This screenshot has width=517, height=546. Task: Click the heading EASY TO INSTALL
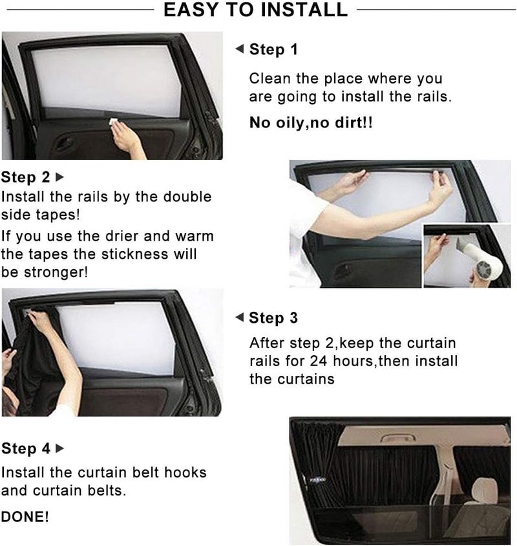point(255,10)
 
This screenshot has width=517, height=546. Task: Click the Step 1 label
point(273,49)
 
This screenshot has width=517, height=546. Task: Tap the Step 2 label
point(25,177)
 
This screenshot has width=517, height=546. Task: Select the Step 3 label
point(273,318)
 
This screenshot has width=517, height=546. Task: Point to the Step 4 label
point(26,448)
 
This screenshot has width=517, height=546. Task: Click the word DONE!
point(25,517)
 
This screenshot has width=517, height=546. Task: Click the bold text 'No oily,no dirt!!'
point(311,122)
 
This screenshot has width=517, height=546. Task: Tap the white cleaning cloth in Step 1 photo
point(114,122)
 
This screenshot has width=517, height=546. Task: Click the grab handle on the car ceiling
point(397,437)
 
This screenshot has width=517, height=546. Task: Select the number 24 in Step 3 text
point(319,361)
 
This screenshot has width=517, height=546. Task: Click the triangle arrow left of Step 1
point(239,49)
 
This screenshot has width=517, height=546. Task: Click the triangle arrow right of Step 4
point(60,448)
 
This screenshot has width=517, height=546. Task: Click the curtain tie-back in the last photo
point(317,481)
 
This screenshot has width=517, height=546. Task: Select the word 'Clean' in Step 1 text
point(269,79)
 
